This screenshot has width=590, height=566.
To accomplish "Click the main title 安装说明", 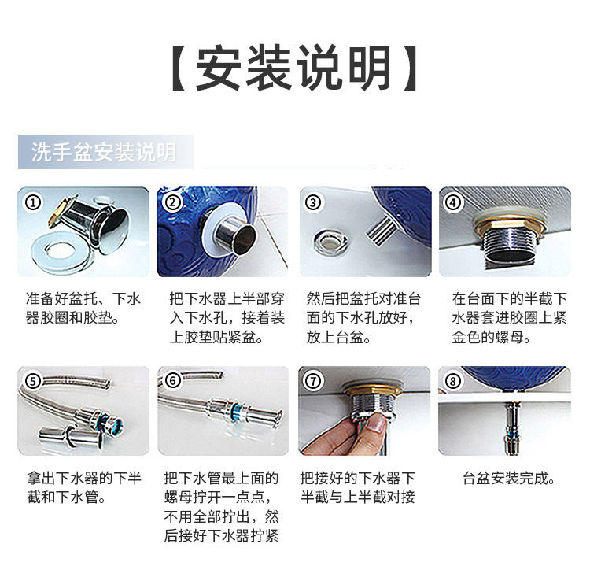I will [294, 69].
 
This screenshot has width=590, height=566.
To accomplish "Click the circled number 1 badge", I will [32, 202].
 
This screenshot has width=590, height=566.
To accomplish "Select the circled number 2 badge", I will [173, 202].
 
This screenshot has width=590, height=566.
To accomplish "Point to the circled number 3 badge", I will [314, 202].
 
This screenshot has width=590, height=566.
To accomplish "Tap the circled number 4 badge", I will [453, 202].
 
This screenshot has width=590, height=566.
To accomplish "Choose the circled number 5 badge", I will [32, 381].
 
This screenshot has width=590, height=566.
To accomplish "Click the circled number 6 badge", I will [173, 381].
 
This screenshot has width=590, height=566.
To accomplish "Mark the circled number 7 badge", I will [314, 381].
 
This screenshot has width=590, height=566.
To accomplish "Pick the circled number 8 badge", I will [453, 381].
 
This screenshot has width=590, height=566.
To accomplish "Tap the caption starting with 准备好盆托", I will [83, 309].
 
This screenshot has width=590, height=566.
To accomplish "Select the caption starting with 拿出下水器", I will [83, 487].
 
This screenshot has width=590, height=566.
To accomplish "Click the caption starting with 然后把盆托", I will [363, 318].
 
